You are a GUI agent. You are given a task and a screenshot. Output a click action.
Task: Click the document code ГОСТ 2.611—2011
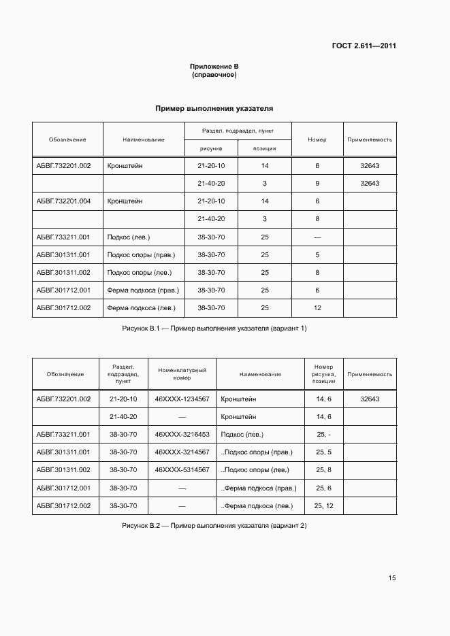[364, 46]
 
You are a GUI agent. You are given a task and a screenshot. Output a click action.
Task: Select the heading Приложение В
[214, 66]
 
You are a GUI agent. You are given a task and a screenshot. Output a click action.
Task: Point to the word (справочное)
[214, 74]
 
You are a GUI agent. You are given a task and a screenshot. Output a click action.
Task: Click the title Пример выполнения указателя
[214, 108]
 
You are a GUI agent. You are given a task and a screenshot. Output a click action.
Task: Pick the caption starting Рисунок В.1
[214, 329]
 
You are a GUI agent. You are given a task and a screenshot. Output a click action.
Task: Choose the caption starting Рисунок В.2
[214, 526]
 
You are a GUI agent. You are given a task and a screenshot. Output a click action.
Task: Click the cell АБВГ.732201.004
[63, 201]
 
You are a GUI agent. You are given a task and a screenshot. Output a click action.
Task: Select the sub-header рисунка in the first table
[211, 148]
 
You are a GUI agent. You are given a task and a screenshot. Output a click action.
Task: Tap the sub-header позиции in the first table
[264, 148]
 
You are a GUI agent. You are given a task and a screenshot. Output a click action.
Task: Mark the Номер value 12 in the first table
[317, 308]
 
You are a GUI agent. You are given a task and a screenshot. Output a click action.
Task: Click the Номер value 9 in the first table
[317, 184]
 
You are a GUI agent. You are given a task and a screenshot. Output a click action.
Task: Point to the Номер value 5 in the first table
[317, 255]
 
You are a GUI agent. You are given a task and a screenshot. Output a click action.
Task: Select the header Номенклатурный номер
[182, 374]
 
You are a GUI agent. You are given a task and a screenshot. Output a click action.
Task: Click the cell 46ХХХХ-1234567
[182, 399]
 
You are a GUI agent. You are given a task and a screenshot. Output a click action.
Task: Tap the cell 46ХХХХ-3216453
[182, 435]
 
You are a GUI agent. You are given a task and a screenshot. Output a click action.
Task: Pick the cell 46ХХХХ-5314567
[182, 470]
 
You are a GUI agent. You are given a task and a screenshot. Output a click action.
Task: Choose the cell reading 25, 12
[323, 505]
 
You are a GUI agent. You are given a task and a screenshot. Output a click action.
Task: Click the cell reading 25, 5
[323, 452]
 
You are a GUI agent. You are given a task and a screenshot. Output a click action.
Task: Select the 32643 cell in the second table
[370, 399]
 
